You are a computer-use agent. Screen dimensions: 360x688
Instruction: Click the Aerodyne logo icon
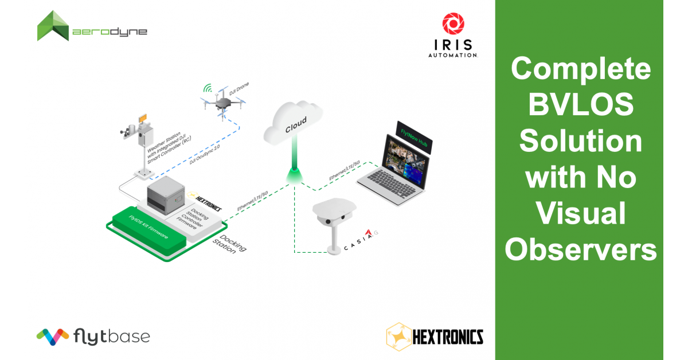53,26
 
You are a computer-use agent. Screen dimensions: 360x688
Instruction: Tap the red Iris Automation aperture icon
453,24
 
